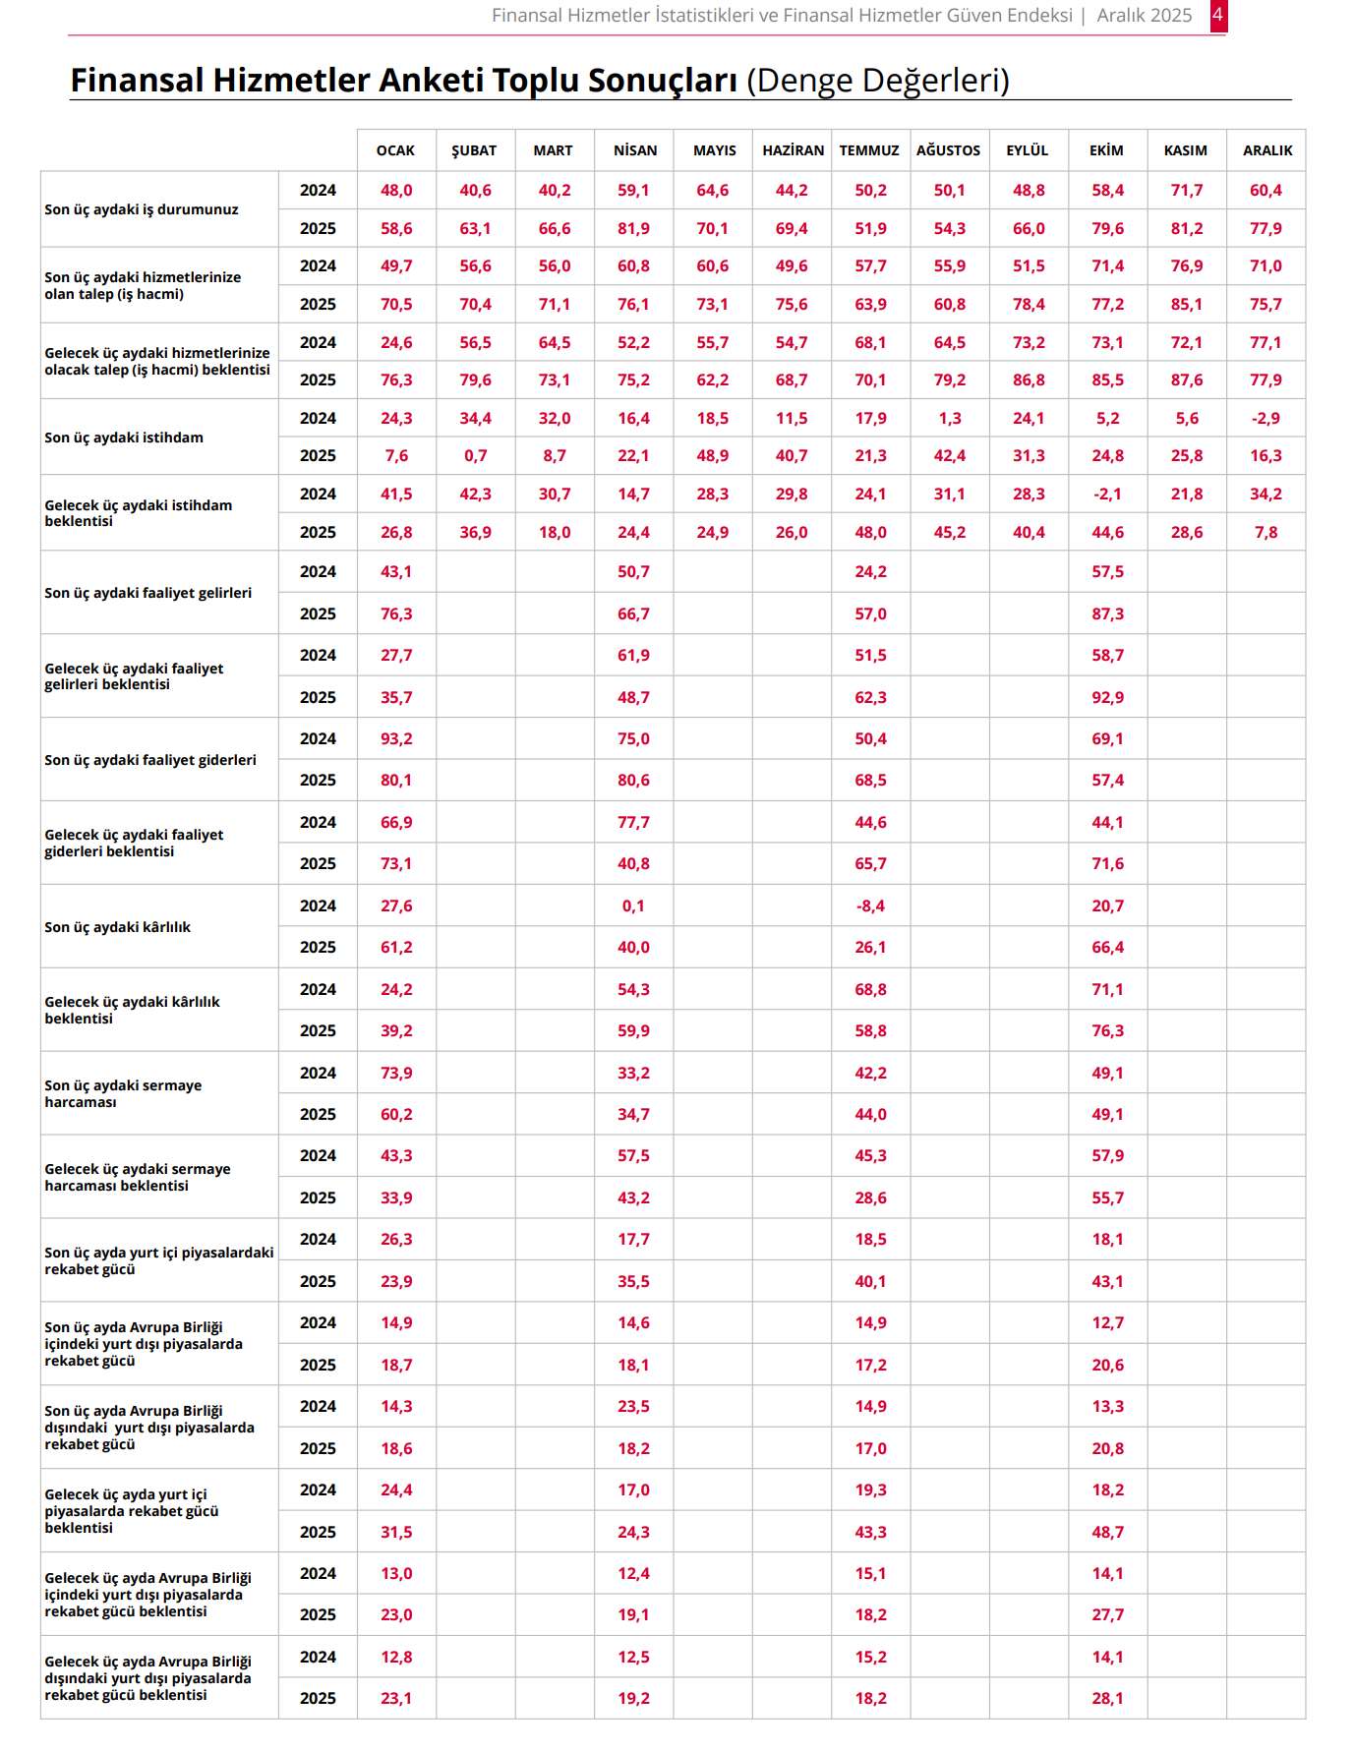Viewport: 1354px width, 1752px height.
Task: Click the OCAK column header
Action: tap(395, 150)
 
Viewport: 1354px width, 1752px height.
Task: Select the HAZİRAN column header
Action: tap(793, 150)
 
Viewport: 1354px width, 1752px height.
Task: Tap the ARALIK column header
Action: tap(1266, 150)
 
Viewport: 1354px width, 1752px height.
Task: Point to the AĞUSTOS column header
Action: tap(948, 150)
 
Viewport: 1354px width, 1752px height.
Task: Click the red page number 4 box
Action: tap(1217, 16)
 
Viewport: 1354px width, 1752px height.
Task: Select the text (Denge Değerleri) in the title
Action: tap(877, 81)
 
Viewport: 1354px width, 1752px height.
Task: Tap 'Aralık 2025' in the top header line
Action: tap(1144, 16)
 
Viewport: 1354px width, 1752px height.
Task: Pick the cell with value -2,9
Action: tap(1266, 418)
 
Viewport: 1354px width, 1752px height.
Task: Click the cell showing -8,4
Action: tap(870, 905)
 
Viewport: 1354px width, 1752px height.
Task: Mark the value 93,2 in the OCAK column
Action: tap(396, 738)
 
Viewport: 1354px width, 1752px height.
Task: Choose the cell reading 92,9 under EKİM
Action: tap(1107, 697)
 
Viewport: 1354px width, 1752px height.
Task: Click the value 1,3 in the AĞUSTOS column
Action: tap(949, 418)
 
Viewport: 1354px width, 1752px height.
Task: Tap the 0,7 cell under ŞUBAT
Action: tap(475, 455)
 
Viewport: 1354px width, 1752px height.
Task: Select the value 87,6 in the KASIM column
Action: tap(1186, 380)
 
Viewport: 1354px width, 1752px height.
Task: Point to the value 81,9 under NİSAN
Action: tap(633, 228)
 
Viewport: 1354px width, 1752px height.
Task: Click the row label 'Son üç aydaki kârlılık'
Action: tap(117, 927)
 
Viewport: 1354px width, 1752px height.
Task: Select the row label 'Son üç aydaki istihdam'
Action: tap(124, 438)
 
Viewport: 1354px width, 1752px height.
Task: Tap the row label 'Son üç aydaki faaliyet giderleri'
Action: tap(149, 760)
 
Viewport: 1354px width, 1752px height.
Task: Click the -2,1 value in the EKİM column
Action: tap(1107, 494)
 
